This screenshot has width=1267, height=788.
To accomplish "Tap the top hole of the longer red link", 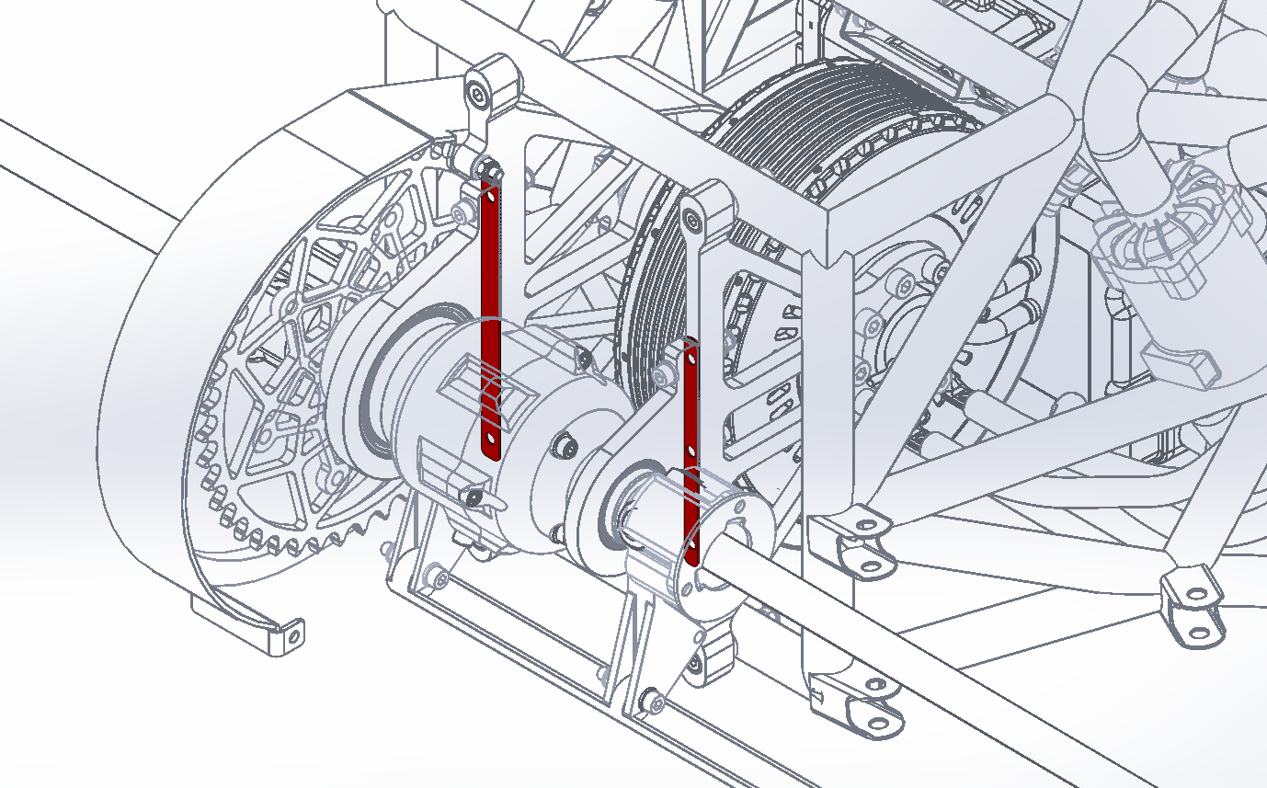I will pos(490,195).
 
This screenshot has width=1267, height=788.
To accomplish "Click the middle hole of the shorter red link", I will pos(692,451).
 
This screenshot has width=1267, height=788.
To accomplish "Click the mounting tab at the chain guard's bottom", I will pos(277,634).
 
